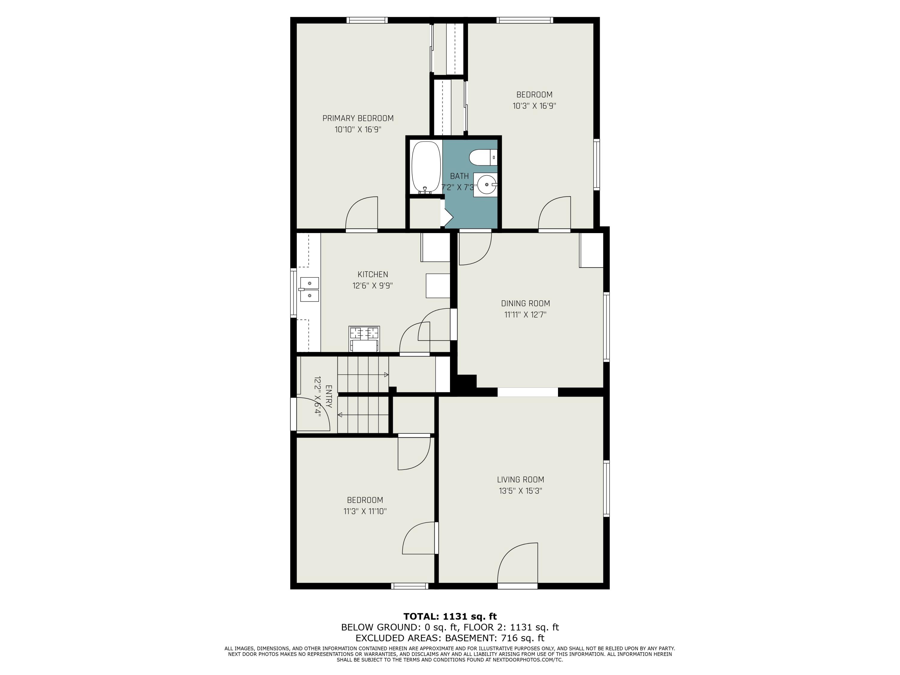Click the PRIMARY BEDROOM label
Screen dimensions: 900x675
coord(358,118)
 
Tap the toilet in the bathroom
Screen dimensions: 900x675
coord(483,157)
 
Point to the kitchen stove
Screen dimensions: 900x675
coord(364,338)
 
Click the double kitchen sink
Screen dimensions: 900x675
coord(309,289)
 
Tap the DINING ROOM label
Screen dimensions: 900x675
coord(525,304)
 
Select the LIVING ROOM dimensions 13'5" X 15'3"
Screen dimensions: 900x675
coord(520,491)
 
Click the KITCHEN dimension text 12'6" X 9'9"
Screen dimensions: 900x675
coord(372,286)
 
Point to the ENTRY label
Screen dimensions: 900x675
coord(329,397)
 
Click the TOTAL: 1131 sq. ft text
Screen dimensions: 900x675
coord(450,616)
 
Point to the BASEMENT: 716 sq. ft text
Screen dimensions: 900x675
coord(495,638)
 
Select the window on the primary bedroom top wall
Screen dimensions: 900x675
coord(367,20)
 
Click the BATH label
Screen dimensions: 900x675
coord(459,176)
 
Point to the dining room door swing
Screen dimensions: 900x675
coord(475,248)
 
